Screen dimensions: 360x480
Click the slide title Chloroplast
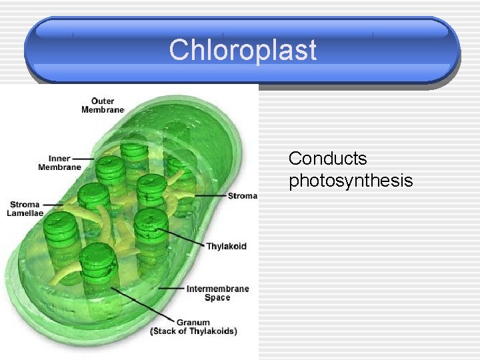243,50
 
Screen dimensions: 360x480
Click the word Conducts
327,159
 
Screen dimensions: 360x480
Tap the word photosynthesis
351,180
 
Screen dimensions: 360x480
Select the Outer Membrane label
103,105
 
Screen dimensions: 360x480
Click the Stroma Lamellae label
25,209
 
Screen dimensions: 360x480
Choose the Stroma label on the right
242,196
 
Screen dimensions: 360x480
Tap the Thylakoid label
226,246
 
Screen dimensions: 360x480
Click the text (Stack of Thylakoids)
193,331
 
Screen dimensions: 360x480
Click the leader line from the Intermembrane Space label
171,289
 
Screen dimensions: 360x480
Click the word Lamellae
25,213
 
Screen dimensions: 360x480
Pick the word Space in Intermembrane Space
217,298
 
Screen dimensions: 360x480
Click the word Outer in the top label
103,101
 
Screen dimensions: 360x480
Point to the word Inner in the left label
59,159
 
